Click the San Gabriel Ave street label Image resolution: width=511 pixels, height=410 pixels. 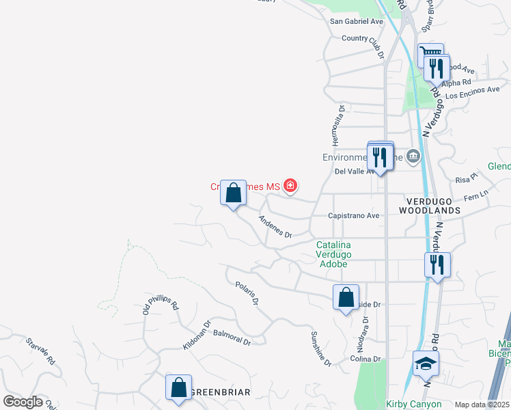(x=357, y=21)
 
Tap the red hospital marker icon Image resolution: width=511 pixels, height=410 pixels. (x=290, y=186)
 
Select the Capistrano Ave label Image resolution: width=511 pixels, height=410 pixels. (x=353, y=215)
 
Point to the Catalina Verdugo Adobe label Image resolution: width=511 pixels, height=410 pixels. (x=333, y=254)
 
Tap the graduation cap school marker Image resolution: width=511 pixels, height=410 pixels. (x=426, y=364)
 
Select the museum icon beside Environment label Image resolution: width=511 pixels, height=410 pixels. (x=413, y=157)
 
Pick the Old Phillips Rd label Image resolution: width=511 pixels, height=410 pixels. (x=161, y=305)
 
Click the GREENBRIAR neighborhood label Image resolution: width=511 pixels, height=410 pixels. (x=221, y=392)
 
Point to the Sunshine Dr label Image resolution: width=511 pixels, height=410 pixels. (x=321, y=349)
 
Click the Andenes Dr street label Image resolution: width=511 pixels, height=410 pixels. (x=275, y=227)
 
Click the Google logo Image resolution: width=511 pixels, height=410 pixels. (x=23, y=402)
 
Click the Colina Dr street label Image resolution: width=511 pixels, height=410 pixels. (x=366, y=359)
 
